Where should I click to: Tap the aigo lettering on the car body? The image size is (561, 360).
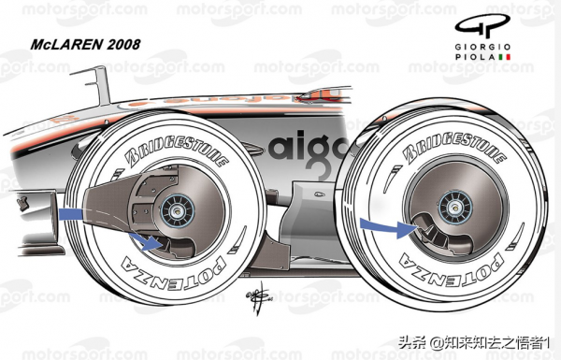point(309,146)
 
